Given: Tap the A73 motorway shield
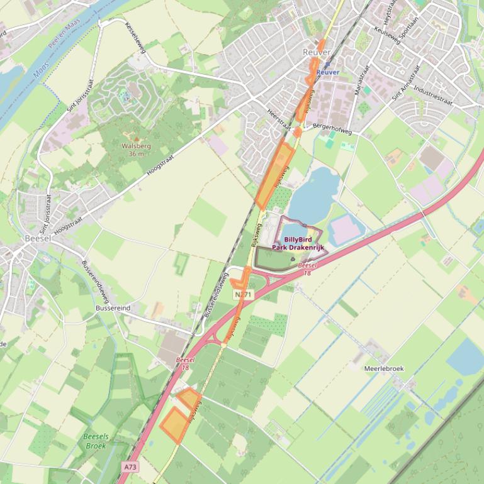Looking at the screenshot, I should (x=130, y=467).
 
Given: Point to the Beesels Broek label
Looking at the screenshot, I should (x=96, y=441).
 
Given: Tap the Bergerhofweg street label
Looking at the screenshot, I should (x=332, y=129).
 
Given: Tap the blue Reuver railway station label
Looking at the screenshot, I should (x=328, y=72).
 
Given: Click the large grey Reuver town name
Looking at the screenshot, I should (x=316, y=52).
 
